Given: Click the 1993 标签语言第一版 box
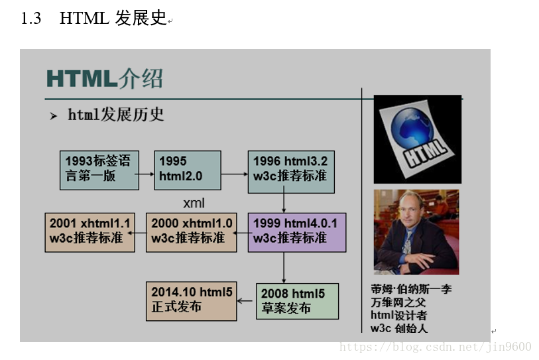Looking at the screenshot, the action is click(99, 170).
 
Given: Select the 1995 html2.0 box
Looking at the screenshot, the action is click(188, 170).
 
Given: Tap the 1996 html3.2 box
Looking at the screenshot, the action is click(291, 172).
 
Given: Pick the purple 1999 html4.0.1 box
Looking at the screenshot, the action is click(297, 233).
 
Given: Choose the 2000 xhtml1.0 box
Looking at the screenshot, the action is click(192, 233).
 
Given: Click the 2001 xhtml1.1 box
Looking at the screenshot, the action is click(90, 233).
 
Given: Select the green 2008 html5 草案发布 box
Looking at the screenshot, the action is click(297, 301).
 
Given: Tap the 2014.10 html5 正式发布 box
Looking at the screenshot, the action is click(192, 301).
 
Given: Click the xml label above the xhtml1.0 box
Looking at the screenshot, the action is click(194, 203).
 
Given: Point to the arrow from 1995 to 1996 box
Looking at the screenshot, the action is click(235, 174).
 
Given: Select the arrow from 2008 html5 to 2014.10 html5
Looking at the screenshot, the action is click(245, 301).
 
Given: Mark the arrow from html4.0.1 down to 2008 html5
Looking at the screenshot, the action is click(284, 268).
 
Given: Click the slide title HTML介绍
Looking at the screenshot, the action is click(105, 78).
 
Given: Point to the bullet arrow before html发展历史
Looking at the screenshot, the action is click(53, 116).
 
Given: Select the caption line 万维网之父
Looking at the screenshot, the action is click(398, 302).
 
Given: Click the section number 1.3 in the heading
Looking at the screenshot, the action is click(31, 18).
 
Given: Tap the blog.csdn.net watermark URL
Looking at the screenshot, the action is click(436, 347).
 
